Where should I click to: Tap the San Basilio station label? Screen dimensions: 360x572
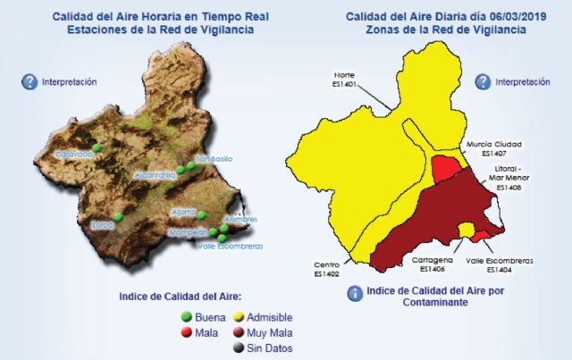click(x=214, y=159)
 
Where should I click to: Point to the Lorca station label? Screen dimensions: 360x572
click(x=104, y=225)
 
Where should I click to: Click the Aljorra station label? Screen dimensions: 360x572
click(x=183, y=212)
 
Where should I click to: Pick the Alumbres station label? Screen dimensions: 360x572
click(x=241, y=219)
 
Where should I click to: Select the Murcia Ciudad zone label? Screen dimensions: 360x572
click(x=493, y=143)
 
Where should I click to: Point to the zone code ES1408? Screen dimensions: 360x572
click(x=507, y=188)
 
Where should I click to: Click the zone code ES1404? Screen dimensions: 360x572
click(x=500, y=269)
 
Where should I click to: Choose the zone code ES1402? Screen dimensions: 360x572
click(x=326, y=274)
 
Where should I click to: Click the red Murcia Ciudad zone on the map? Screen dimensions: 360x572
click(x=444, y=168)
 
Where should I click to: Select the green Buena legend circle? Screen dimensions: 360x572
click(x=187, y=316)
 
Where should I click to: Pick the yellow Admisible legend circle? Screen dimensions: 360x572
click(x=239, y=316)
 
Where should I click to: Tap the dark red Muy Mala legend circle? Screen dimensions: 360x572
click(x=239, y=332)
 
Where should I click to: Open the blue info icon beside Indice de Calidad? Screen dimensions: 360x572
click(x=355, y=292)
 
